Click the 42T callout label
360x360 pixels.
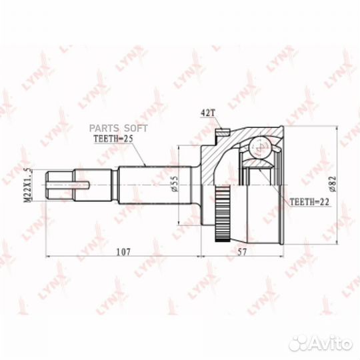coord(207,113)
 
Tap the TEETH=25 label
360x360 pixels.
coord(113,139)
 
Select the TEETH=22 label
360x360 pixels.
coord(309,202)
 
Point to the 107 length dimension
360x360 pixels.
coord(123,252)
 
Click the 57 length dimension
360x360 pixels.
coord(241,252)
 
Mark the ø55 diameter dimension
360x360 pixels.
coord(174,183)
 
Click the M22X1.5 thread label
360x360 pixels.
coord(27,185)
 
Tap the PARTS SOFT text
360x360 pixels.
coord(118,129)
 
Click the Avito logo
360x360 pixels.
coord(321,344)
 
